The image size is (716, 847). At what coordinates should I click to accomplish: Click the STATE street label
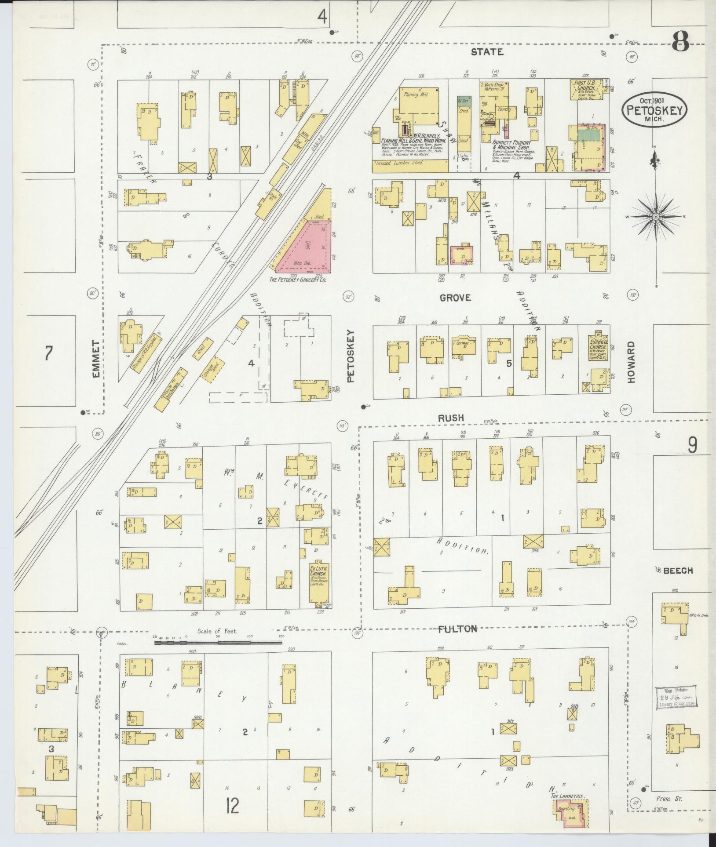487,52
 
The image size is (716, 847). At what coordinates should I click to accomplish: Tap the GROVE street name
456,298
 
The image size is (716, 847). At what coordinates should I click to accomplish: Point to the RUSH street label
451,418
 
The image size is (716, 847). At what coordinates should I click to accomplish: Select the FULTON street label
457,629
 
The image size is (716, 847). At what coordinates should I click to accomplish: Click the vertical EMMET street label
96,359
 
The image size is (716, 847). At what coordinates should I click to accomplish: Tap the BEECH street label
678,571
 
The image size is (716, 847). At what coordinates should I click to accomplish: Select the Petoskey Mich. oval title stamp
654,109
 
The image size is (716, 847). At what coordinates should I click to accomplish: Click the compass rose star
656,217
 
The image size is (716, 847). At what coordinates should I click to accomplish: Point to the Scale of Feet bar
218,642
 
